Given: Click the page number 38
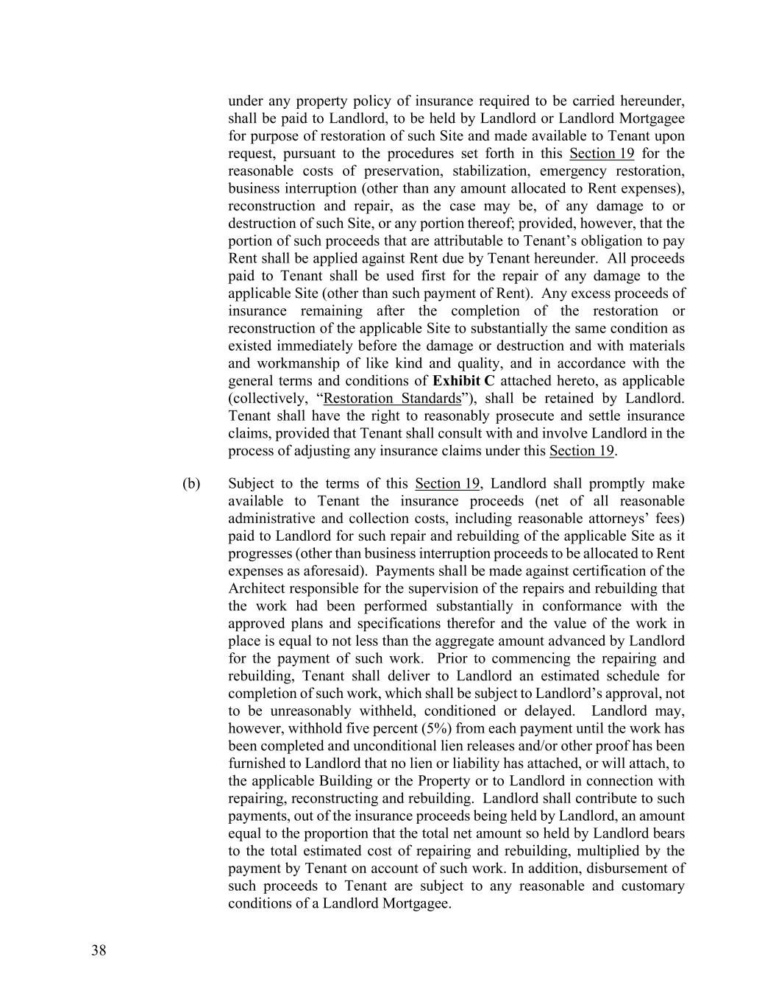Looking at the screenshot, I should click(x=99, y=950).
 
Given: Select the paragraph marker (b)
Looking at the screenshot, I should click(x=191, y=483).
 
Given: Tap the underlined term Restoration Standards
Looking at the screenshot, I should click(x=391, y=399).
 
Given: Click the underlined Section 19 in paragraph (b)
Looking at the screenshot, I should click(x=447, y=483).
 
